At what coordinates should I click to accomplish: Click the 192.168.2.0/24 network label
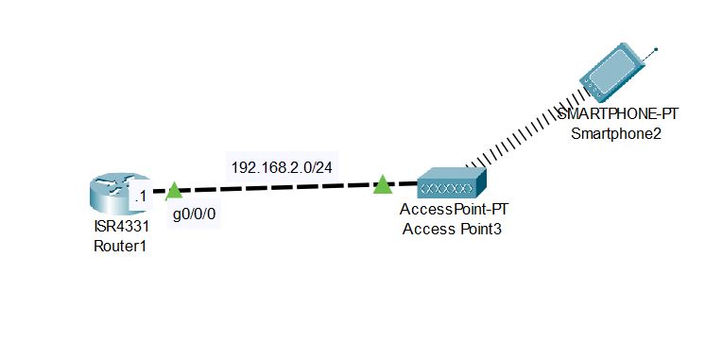click(286, 167)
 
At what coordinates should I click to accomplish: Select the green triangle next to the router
click(174, 192)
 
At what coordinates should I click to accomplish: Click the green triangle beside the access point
click(382, 184)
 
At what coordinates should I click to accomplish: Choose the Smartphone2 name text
click(616, 133)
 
